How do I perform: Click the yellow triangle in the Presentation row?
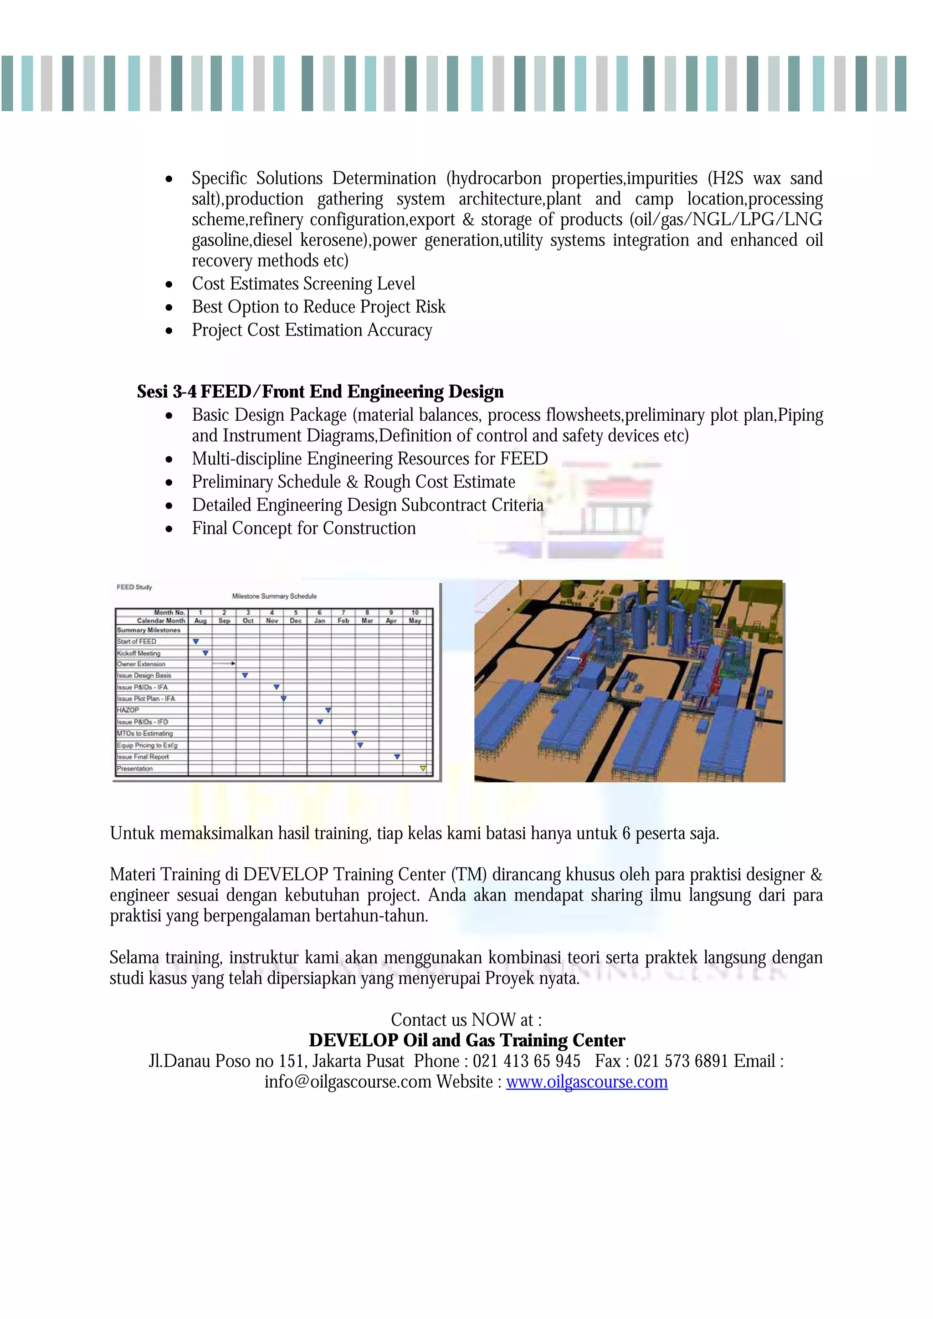(422, 768)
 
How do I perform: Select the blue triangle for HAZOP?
(328, 711)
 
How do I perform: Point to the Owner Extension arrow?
(224, 663)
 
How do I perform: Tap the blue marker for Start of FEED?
(196, 641)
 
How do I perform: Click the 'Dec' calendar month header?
(296, 621)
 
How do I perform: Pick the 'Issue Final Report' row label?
(143, 757)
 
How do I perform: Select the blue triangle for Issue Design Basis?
(245, 676)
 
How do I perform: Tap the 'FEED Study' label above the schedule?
(134, 587)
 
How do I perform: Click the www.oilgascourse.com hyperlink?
(586, 1082)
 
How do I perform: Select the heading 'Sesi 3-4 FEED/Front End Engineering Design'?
(320, 392)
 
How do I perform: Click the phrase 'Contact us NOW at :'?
(466, 1020)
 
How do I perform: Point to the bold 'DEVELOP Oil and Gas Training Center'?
(466, 1040)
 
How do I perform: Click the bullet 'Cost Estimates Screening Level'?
(303, 284)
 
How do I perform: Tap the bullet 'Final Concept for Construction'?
(303, 529)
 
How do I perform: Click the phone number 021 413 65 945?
(526, 1061)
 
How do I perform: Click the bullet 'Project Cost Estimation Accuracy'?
(312, 331)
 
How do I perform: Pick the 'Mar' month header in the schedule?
(367, 621)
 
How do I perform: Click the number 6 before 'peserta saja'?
(626, 834)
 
